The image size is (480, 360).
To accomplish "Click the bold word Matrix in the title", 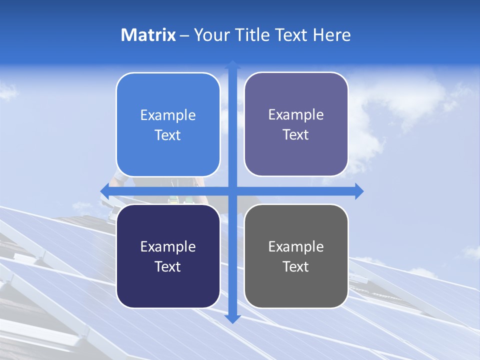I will point(148,35).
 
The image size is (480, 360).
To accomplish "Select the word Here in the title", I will point(331,35).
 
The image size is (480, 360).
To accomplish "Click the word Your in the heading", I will point(210,35).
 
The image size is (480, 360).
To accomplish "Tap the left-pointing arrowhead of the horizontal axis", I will point(105,191).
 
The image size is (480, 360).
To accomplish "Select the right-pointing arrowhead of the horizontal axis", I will point(358,191).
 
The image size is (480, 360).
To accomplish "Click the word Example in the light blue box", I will point(168,115).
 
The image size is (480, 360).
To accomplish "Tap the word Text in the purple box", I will point(296,135).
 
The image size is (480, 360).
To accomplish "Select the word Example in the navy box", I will point(168,247).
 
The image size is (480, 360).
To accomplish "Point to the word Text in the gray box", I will point(296,266).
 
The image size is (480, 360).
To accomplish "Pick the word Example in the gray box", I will point(296,247).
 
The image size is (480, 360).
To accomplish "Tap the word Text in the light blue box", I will point(168,135).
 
